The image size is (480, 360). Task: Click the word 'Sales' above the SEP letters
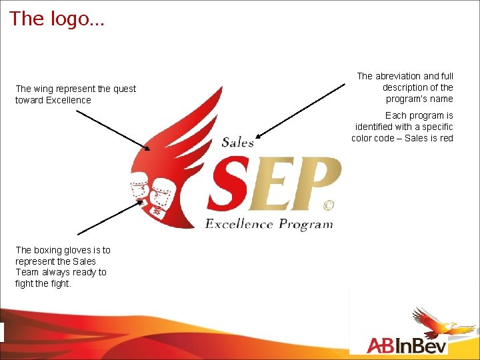tap(237, 141)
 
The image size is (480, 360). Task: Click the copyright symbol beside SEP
tap(328, 205)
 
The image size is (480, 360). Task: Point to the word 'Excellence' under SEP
tap(239, 224)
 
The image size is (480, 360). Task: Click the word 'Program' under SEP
tap(305, 225)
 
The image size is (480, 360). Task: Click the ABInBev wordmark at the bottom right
tap(407, 345)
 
